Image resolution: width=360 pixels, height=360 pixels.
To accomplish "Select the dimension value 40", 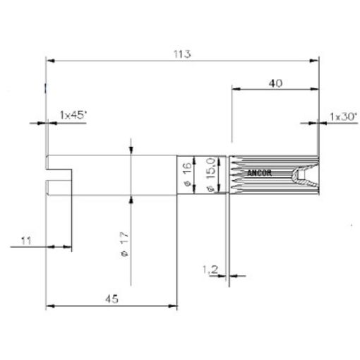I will click(276, 83).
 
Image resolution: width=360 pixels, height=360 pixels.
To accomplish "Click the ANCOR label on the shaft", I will click(259, 172).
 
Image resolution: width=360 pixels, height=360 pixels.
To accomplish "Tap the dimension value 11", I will click(26, 241).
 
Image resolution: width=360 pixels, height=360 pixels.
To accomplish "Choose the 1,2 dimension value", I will click(208, 269).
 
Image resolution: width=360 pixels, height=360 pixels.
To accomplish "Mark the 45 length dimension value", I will click(111, 299).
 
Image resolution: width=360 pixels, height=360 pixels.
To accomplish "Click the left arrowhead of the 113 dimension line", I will click(49, 61).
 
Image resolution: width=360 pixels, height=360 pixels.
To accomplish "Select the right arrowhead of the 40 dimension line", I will click(315, 89).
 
